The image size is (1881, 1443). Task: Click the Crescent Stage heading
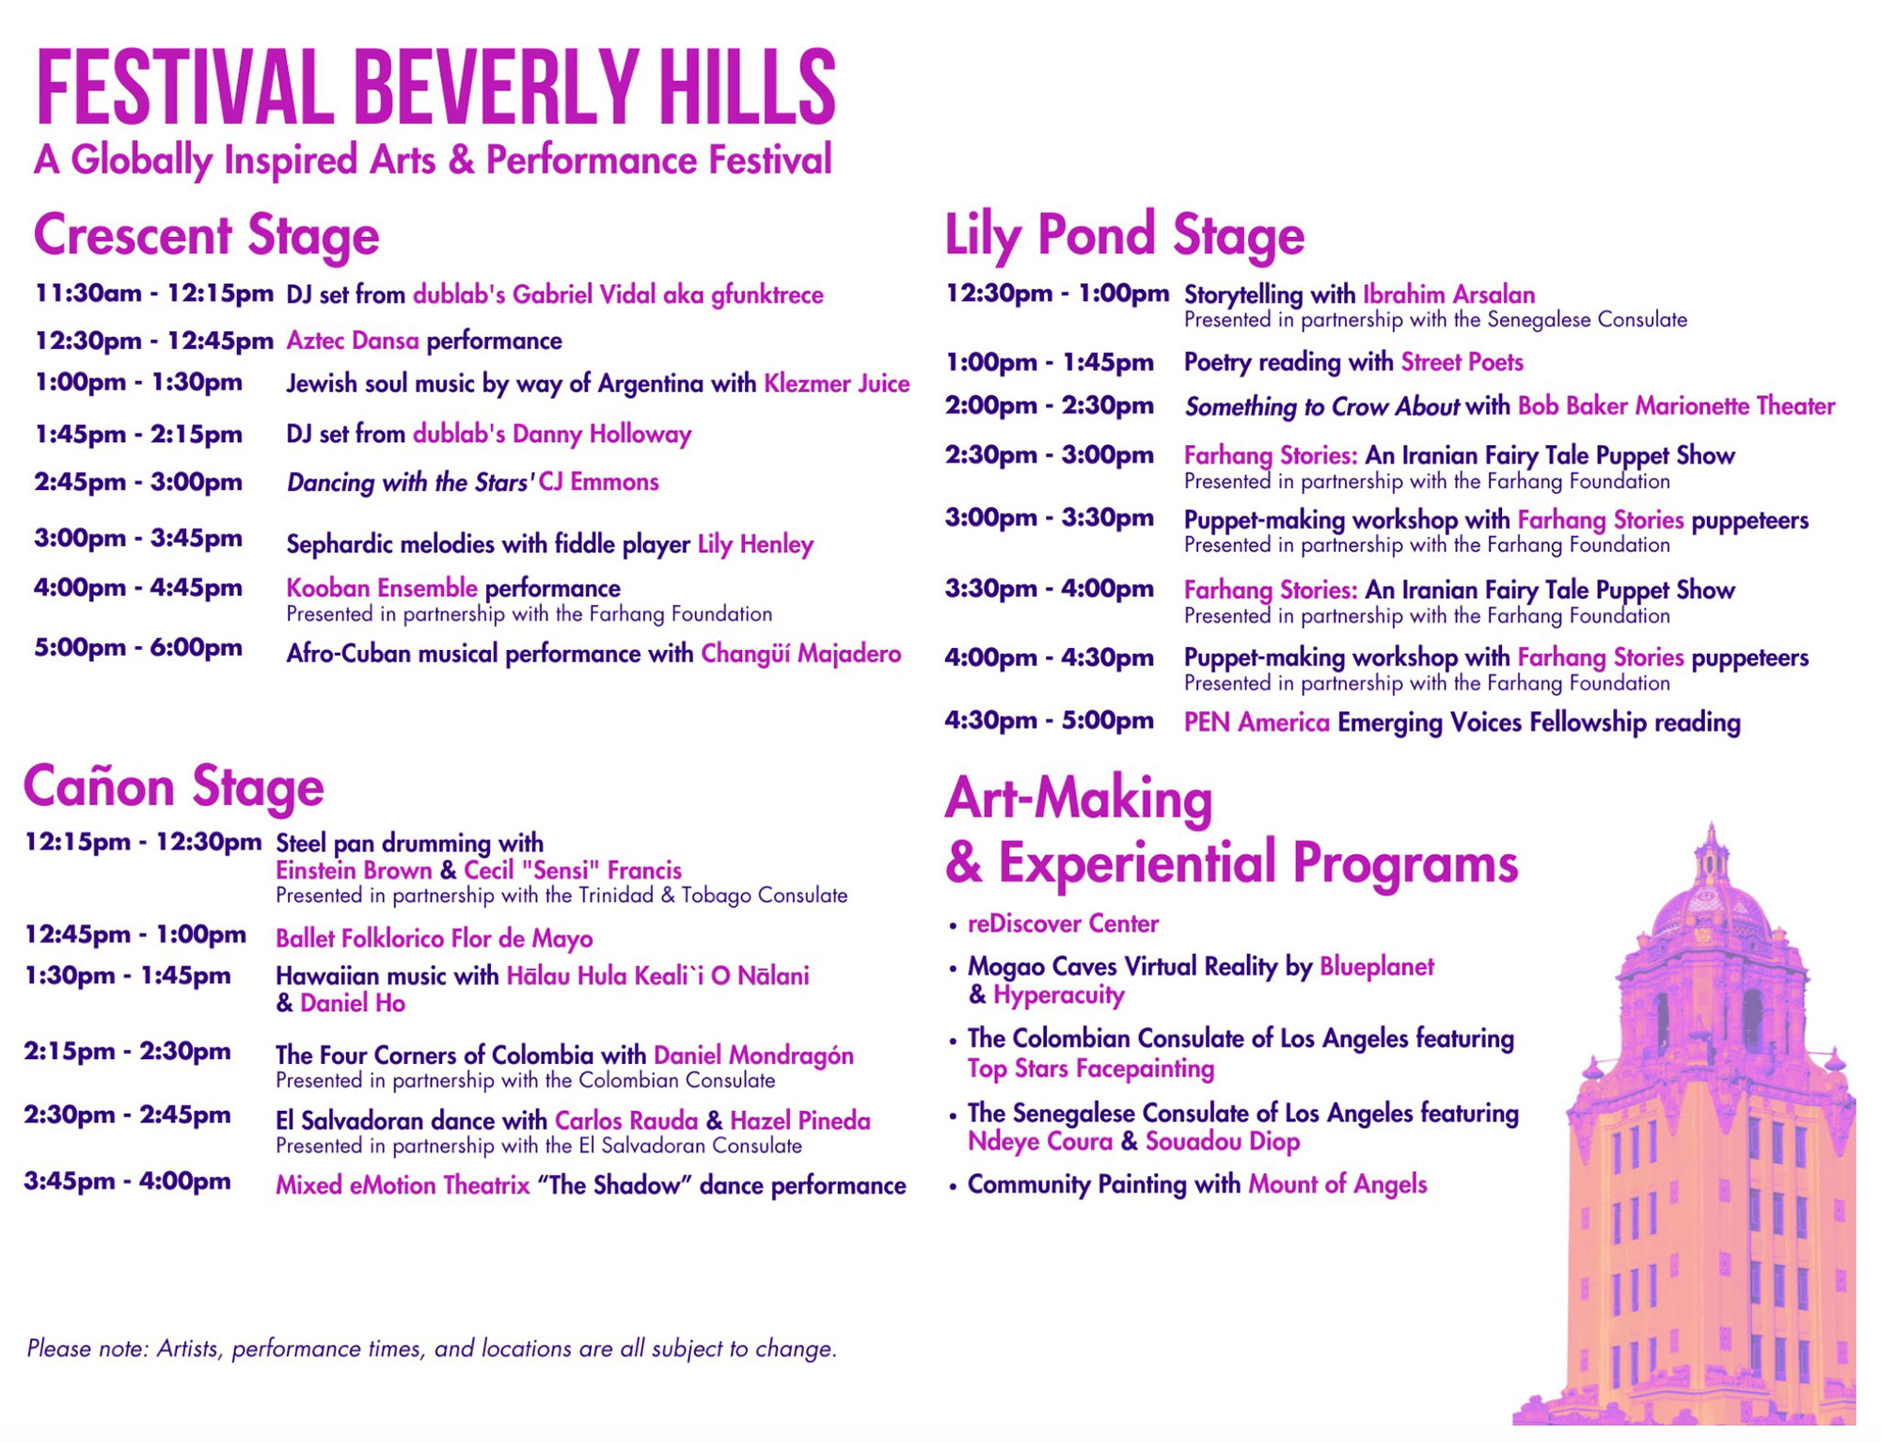(x=206, y=235)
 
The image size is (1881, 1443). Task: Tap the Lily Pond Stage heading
(x=1124, y=235)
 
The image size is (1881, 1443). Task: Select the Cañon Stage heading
(x=174, y=786)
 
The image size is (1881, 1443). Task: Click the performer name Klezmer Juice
(x=836, y=384)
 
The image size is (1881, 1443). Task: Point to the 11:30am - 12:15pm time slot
(x=153, y=294)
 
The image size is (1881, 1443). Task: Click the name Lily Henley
(x=755, y=545)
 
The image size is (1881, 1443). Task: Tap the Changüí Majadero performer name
(x=800, y=654)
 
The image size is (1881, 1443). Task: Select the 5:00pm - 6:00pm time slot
(x=138, y=648)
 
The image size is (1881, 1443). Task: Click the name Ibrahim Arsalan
(x=1448, y=294)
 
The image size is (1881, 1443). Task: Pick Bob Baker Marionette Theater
(x=1676, y=406)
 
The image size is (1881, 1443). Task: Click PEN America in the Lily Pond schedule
(x=1257, y=722)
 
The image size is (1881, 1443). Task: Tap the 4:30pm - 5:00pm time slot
(x=1049, y=721)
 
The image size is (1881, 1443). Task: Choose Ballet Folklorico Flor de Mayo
(x=434, y=939)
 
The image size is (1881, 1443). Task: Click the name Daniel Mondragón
(x=753, y=1055)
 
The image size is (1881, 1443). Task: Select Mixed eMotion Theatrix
(x=403, y=1185)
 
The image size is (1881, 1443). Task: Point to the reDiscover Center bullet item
(x=1063, y=924)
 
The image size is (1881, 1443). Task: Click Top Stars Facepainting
(x=1091, y=1069)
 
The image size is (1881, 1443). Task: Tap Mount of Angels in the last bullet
(x=1337, y=1184)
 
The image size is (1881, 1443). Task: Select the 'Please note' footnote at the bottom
(x=432, y=1349)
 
